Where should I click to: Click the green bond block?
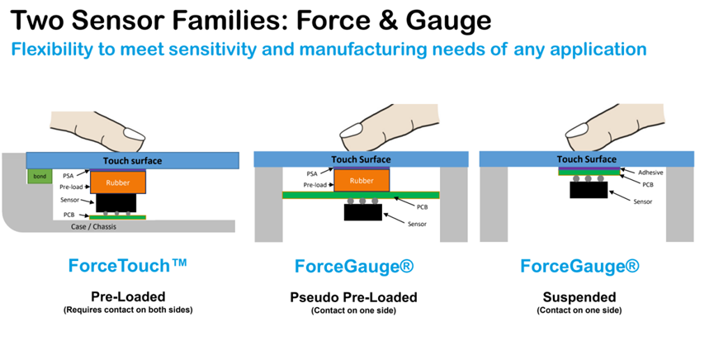point(40,177)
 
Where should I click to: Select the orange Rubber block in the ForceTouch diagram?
point(118,182)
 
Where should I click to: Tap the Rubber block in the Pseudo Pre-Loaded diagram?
point(362,181)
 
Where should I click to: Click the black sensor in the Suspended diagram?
point(589,190)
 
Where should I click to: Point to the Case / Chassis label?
point(93,226)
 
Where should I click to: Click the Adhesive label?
point(650,173)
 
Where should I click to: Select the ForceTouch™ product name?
point(127,265)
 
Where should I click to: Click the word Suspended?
point(579,297)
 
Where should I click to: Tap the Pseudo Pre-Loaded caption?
point(353,297)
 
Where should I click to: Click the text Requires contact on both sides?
point(128,310)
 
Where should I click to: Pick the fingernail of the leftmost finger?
point(134,134)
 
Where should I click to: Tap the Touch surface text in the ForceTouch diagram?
point(132,161)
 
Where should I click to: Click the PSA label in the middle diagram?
point(312,173)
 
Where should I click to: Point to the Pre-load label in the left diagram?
point(71,187)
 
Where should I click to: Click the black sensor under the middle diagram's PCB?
point(363,212)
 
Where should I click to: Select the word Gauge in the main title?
point(448,21)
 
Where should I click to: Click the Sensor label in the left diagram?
point(69,200)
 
